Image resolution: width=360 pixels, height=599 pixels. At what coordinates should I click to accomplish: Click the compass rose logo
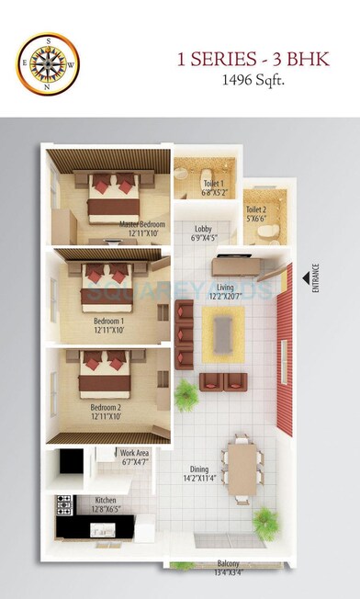point(48,63)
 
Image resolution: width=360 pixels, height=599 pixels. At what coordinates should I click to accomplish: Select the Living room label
point(225,291)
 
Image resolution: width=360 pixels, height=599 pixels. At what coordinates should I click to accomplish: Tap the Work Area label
point(134,457)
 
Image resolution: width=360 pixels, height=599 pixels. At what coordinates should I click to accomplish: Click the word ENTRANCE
point(315,278)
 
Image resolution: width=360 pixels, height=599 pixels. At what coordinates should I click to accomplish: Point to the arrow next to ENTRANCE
point(302,278)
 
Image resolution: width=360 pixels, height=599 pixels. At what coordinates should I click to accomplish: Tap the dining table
point(241,468)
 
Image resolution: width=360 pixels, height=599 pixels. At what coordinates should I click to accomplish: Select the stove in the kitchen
point(64,503)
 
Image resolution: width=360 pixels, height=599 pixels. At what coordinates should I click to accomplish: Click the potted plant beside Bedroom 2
point(186,396)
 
